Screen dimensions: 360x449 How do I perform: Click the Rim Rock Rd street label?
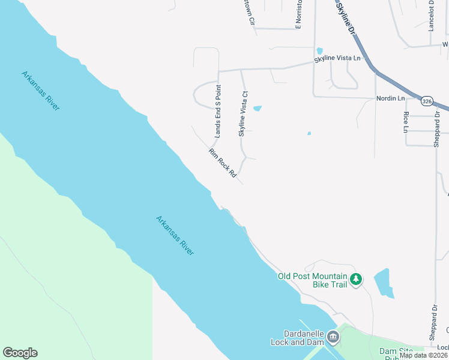(222, 163)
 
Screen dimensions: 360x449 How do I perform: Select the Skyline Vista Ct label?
(243, 114)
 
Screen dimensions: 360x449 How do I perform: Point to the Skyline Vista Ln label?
(340, 58)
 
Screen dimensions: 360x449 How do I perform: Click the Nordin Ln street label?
(391, 98)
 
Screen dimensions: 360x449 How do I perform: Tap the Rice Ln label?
(406, 122)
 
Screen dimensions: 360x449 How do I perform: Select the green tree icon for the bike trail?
(356, 279)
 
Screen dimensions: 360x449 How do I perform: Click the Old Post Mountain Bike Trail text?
(313, 280)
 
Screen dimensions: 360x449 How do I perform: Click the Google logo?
(20, 353)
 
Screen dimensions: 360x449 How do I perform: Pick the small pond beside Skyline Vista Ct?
(258, 109)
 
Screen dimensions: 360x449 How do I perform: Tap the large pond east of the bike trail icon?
(384, 283)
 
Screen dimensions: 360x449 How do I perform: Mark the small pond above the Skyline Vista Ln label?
(319, 51)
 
